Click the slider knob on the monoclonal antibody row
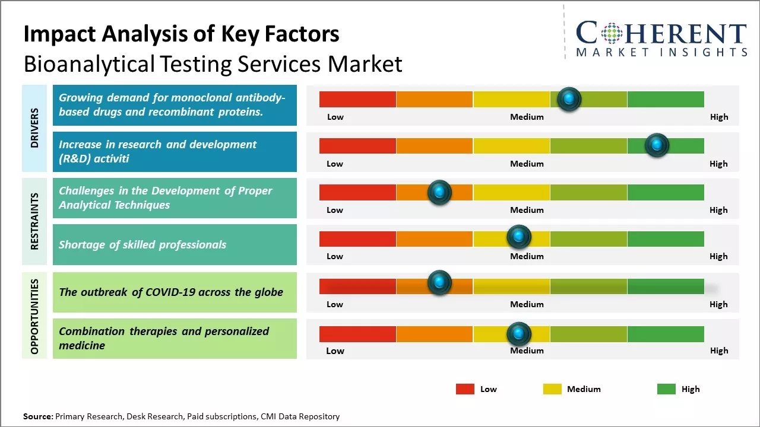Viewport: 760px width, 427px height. [x=569, y=99]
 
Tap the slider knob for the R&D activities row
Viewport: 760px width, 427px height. [x=657, y=145]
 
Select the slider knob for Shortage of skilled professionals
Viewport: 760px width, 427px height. [x=519, y=237]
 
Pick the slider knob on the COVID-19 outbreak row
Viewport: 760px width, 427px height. [x=439, y=283]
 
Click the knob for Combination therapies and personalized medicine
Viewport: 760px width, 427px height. [x=519, y=334]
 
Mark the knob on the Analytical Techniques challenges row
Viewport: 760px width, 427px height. [x=439, y=192]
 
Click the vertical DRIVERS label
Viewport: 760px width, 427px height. [x=34, y=128]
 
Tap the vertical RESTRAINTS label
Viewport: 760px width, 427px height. [x=34, y=221]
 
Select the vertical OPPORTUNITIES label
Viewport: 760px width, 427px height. [x=34, y=316]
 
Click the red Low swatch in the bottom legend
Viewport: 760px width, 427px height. [x=465, y=389]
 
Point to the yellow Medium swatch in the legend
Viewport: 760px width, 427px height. [x=552, y=389]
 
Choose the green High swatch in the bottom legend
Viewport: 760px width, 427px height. [x=666, y=389]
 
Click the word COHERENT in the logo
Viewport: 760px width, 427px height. [x=661, y=33]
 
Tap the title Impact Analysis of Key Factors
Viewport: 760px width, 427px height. [x=181, y=34]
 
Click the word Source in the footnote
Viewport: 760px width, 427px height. [x=37, y=416]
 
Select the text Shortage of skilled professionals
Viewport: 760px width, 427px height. [x=142, y=244]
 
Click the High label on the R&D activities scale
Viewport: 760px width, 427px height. [x=718, y=164]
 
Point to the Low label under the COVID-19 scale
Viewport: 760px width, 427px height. [x=335, y=304]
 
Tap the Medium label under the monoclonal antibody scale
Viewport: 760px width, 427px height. [x=527, y=117]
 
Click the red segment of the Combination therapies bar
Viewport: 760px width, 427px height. [x=357, y=334]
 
